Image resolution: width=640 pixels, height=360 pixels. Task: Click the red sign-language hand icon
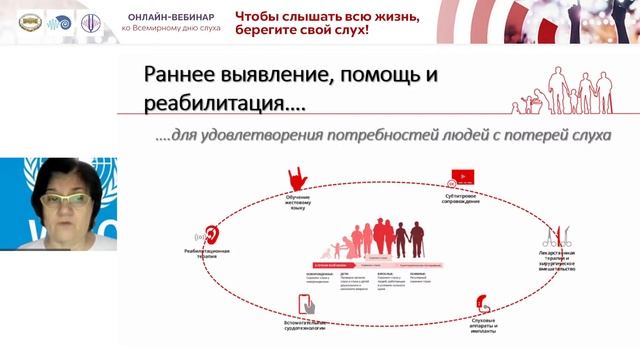[x=297, y=177]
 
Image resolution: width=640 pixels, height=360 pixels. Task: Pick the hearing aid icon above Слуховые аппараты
[x=483, y=303]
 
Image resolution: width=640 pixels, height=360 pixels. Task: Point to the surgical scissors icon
[x=552, y=238]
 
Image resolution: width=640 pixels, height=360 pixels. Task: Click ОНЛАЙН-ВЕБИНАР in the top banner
[x=170, y=15]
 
